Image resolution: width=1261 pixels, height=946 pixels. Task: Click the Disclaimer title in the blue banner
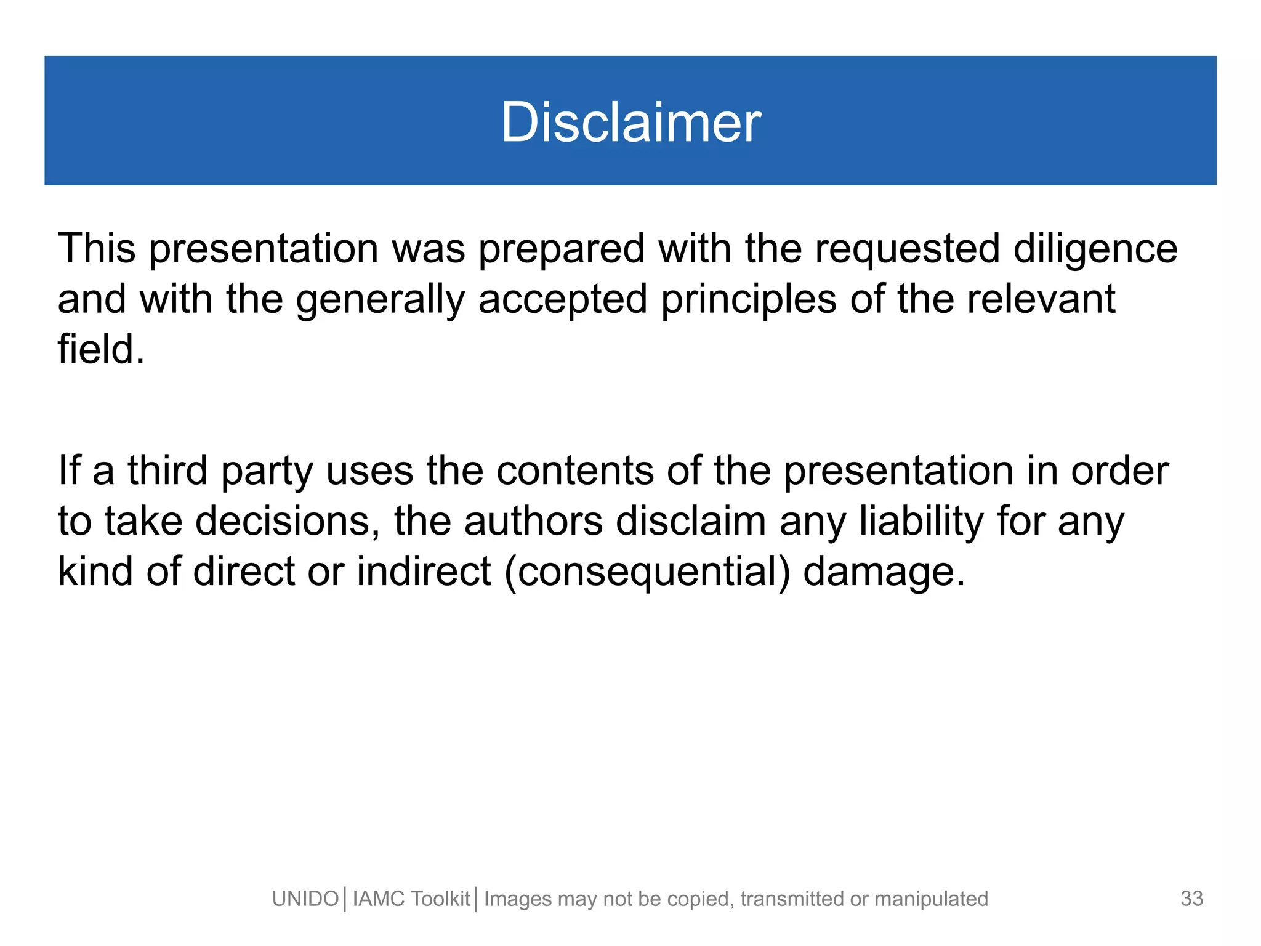[x=630, y=122]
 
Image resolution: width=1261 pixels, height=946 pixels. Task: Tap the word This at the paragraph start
[x=97, y=248]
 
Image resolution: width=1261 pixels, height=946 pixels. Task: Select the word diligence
[x=1095, y=249]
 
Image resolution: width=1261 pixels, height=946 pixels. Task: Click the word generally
[x=380, y=300]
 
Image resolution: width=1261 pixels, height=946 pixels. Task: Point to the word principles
[x=749, y=300]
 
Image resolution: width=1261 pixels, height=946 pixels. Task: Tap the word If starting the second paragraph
[x=70, y=470]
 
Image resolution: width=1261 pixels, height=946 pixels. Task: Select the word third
[x=167, y=470]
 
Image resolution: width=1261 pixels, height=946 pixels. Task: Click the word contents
[x=575, y=471]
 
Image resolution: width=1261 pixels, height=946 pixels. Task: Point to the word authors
[x=533, y=522]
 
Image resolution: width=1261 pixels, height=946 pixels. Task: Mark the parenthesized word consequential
[x=647, y=572]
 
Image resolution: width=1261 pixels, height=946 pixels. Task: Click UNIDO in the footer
[x=305, y=899]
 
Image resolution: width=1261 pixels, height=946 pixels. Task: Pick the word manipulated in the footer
[x=931, y=900]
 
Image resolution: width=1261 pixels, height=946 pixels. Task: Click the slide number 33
[x=1191, y=899]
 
